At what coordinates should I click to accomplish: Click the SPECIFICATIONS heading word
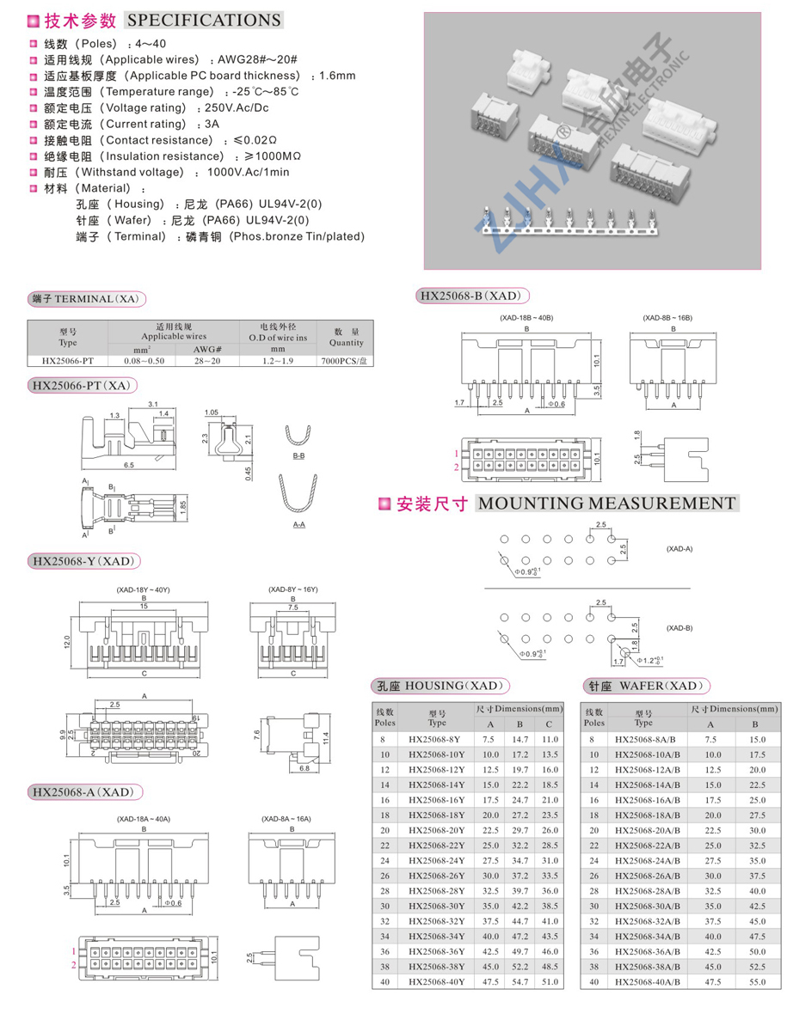(203, 20)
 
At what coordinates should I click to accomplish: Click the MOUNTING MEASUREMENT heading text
(606, 504)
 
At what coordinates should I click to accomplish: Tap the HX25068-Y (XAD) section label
(83, 561)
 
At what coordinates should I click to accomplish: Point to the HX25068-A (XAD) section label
(83, 791)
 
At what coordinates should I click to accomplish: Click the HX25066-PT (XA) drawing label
(83, 386)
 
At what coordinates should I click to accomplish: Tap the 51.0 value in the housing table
(550, 982)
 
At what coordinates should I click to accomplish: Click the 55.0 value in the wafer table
(758, 982)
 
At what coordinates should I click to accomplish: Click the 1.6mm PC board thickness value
(337, 76)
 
